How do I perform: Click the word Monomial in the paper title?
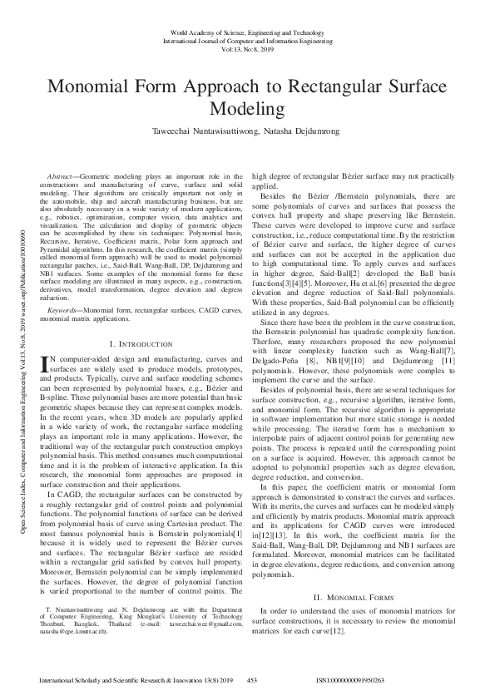click(x=94, y=89)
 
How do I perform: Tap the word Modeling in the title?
click(x=246, y=109)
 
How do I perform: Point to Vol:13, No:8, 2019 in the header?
click(x=246, y=49)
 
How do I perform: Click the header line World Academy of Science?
click(x=246, y=31)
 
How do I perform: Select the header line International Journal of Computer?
click(x=246, y=40)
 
